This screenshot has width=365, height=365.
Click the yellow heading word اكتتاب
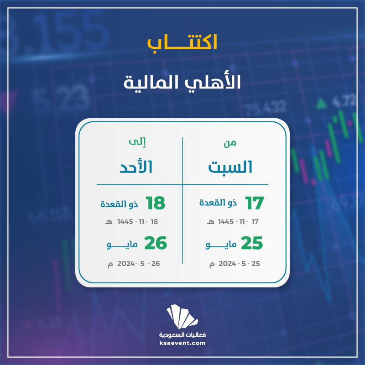point(182,42)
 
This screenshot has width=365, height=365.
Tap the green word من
point(230,143)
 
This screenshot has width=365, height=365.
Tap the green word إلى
point(137,142)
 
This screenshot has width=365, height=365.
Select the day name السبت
point(230,167)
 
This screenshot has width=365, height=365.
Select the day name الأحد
point(136,167)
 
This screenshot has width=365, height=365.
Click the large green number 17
point(255,203)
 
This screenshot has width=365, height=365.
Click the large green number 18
point(156,203)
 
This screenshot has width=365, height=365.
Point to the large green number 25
point(252,243)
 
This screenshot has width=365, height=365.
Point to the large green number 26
point(156,243)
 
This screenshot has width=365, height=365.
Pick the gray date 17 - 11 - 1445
point(238,222)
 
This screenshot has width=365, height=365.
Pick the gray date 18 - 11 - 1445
point(138,222)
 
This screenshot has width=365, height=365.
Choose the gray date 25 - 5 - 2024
point(239,264)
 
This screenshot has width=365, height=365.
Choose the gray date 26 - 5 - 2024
point(139,264)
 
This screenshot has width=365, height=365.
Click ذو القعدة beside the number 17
point(218,203)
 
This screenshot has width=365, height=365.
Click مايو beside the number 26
point(122,245)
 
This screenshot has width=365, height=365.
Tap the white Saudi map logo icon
point(182,317)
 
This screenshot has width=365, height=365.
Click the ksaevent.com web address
point(182,343)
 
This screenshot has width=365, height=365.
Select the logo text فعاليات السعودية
point(182,335)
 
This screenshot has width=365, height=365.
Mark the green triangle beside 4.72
point(322,104)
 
